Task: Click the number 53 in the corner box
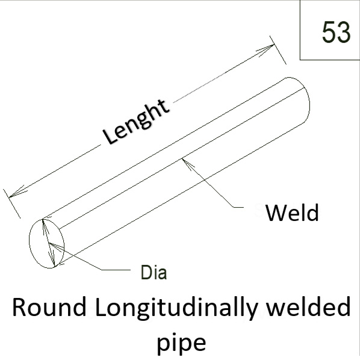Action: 337,32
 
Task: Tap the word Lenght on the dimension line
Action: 136,122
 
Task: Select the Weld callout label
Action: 292,213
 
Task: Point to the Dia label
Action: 154,272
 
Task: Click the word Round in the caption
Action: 49,307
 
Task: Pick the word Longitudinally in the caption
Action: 176,308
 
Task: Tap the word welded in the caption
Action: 309,306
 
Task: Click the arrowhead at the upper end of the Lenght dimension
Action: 266,49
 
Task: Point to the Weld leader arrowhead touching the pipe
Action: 187,163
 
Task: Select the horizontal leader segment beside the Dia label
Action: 116,270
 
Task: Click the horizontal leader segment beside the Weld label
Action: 239,207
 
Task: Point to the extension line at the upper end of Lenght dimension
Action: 278,50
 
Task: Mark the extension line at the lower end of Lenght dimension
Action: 11,203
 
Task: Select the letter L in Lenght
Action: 110,137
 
